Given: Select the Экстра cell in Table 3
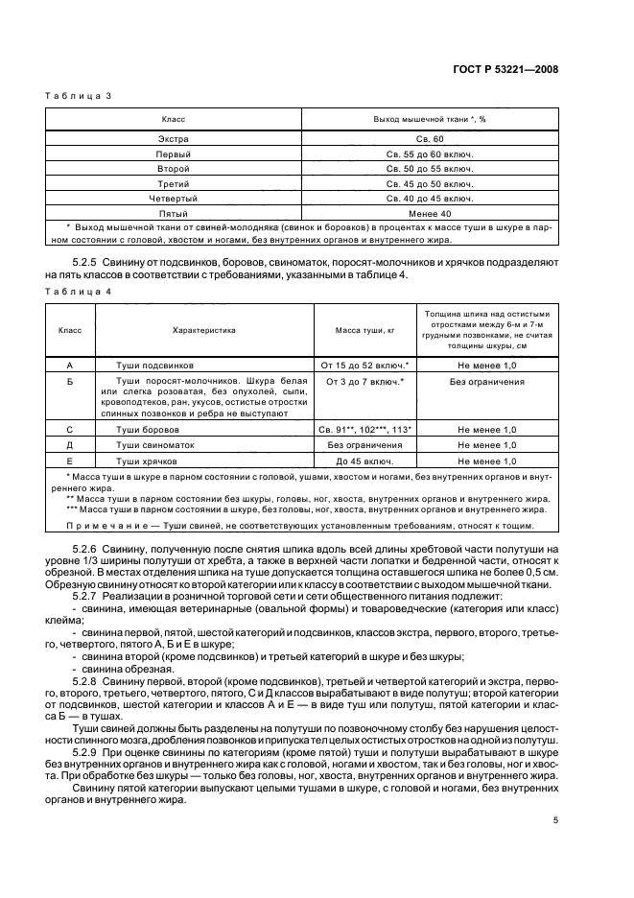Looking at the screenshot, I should [x=174, y=139].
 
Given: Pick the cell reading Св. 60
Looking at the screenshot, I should [x=429, y=139].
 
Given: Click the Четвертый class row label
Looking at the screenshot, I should [x=174, y=198].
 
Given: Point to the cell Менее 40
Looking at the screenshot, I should [x=429, y=212].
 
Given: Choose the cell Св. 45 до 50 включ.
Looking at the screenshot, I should [x=429, y=183].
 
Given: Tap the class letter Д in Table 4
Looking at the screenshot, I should [x=70, y=445].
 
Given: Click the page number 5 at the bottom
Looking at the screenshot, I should [x=555, y=820].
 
